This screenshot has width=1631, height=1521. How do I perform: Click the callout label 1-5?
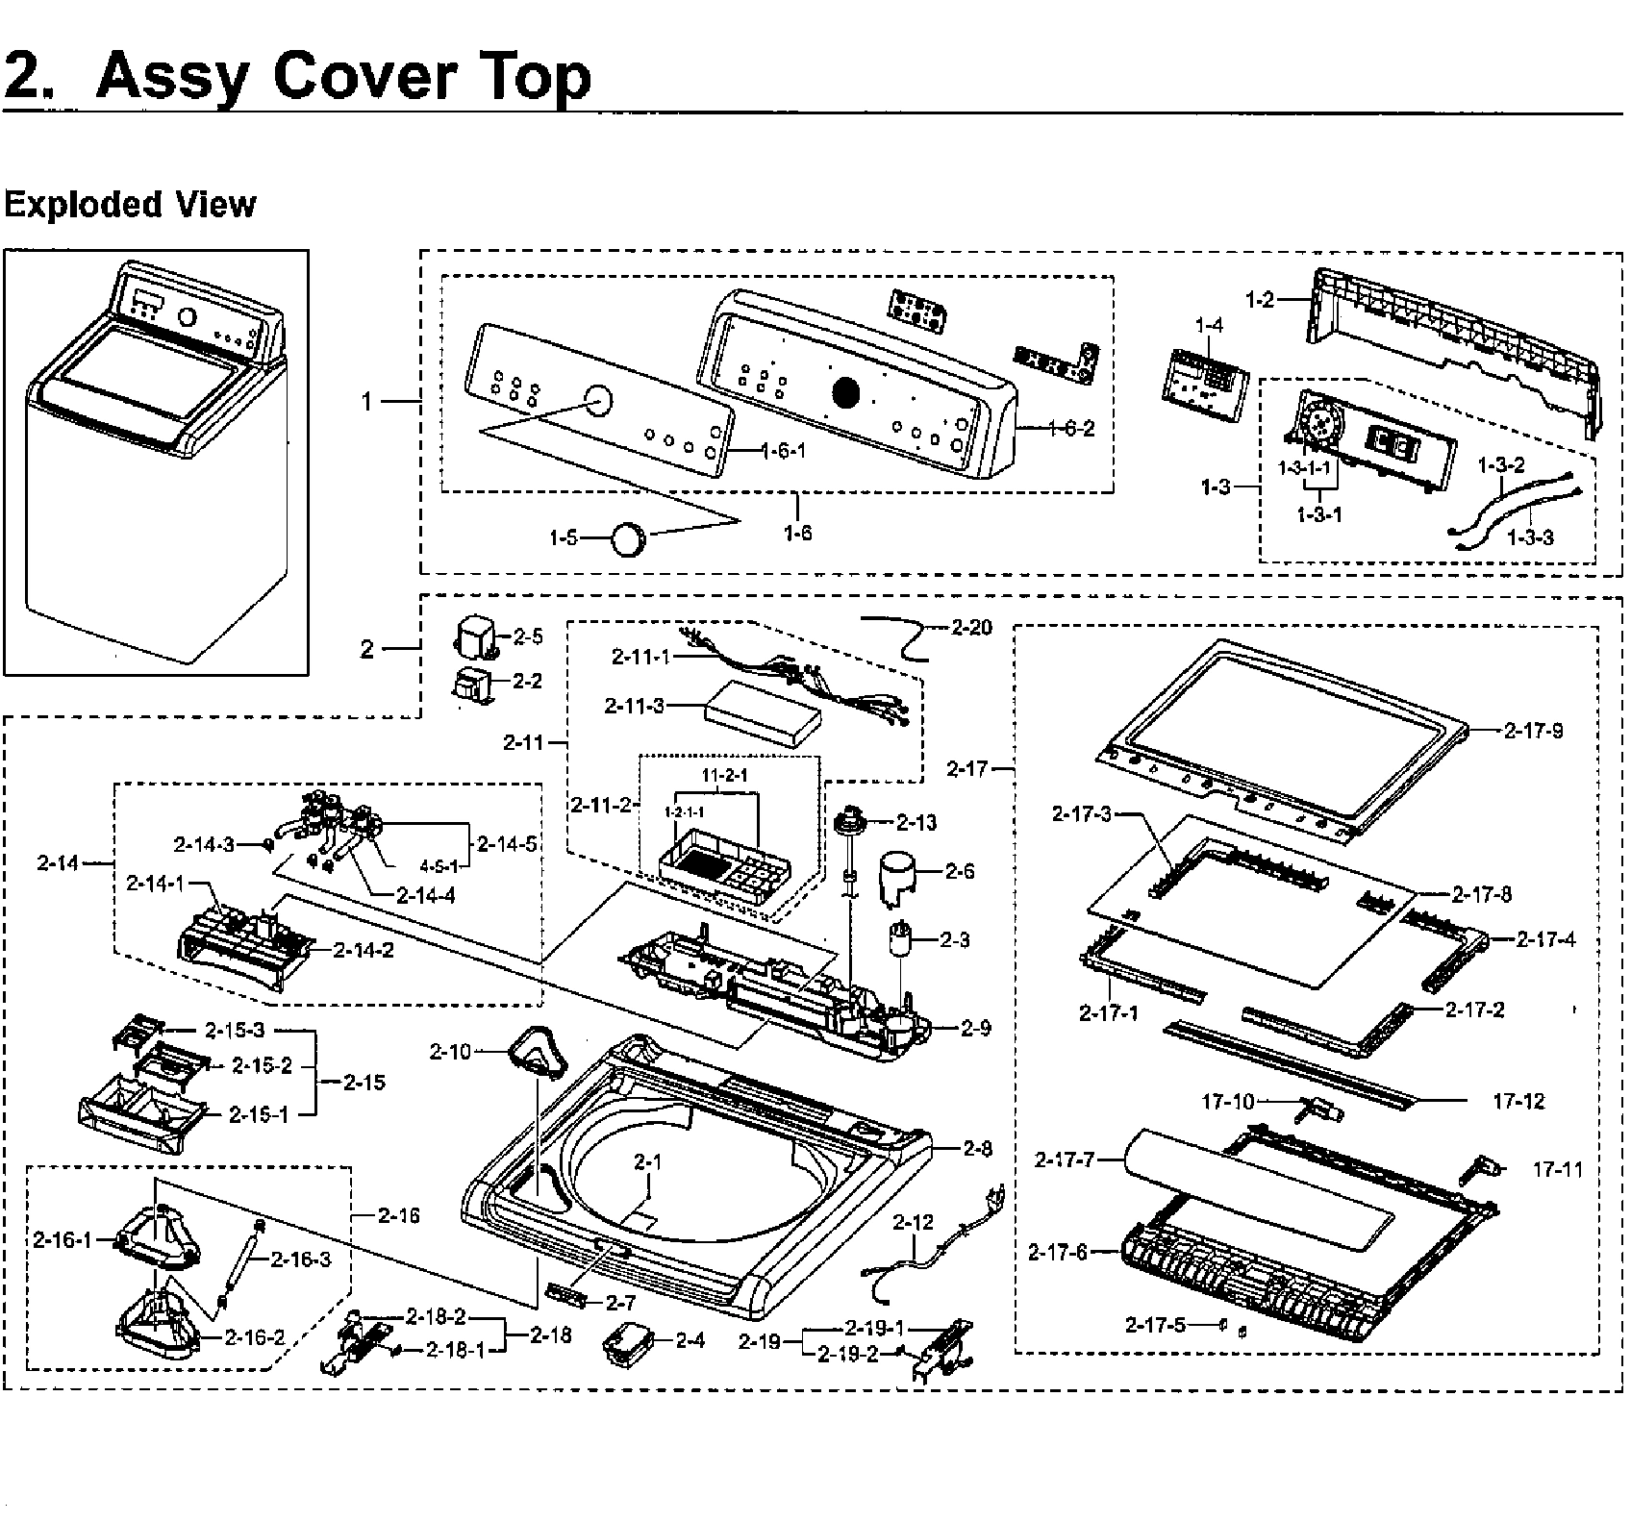coord(564,538)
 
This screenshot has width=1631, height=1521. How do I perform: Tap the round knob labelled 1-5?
coord(630,537)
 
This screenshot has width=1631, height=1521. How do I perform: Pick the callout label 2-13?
coord(916,822)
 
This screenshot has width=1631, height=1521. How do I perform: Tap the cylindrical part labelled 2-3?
coord(901,938)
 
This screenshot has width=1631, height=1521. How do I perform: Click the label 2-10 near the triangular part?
coord(450,1052)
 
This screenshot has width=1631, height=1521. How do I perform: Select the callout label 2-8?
coord(977,1148)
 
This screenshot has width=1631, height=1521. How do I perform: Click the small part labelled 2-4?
coord(626,1341)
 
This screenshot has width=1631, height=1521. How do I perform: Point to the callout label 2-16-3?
coord(300,1259)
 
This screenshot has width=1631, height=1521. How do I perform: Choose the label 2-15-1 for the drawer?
coord(259,1114)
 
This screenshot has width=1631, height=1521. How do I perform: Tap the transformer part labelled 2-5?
coord(477,637)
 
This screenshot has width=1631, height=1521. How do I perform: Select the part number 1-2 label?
coord(1259,300)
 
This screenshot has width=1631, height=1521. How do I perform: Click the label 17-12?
coord(1518,1101)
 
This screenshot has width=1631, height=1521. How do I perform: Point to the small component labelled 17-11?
coord(1482,1169)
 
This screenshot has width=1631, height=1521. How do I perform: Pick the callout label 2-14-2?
coord(364,950)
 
